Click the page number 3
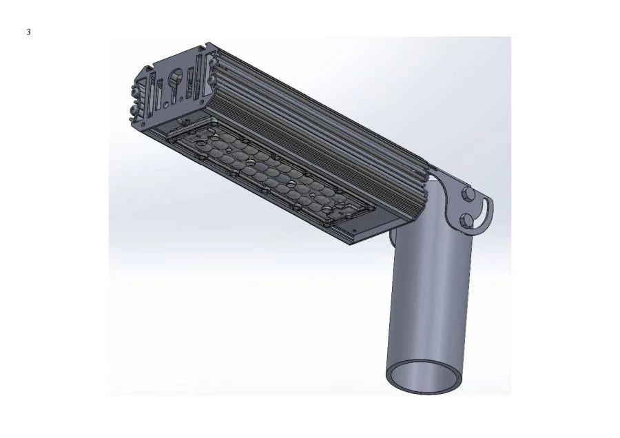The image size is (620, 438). tap(28, 32)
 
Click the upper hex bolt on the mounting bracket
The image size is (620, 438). tap(467, 194)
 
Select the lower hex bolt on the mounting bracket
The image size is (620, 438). tap(468, 220)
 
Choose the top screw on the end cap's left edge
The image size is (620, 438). tap(132, 92)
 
